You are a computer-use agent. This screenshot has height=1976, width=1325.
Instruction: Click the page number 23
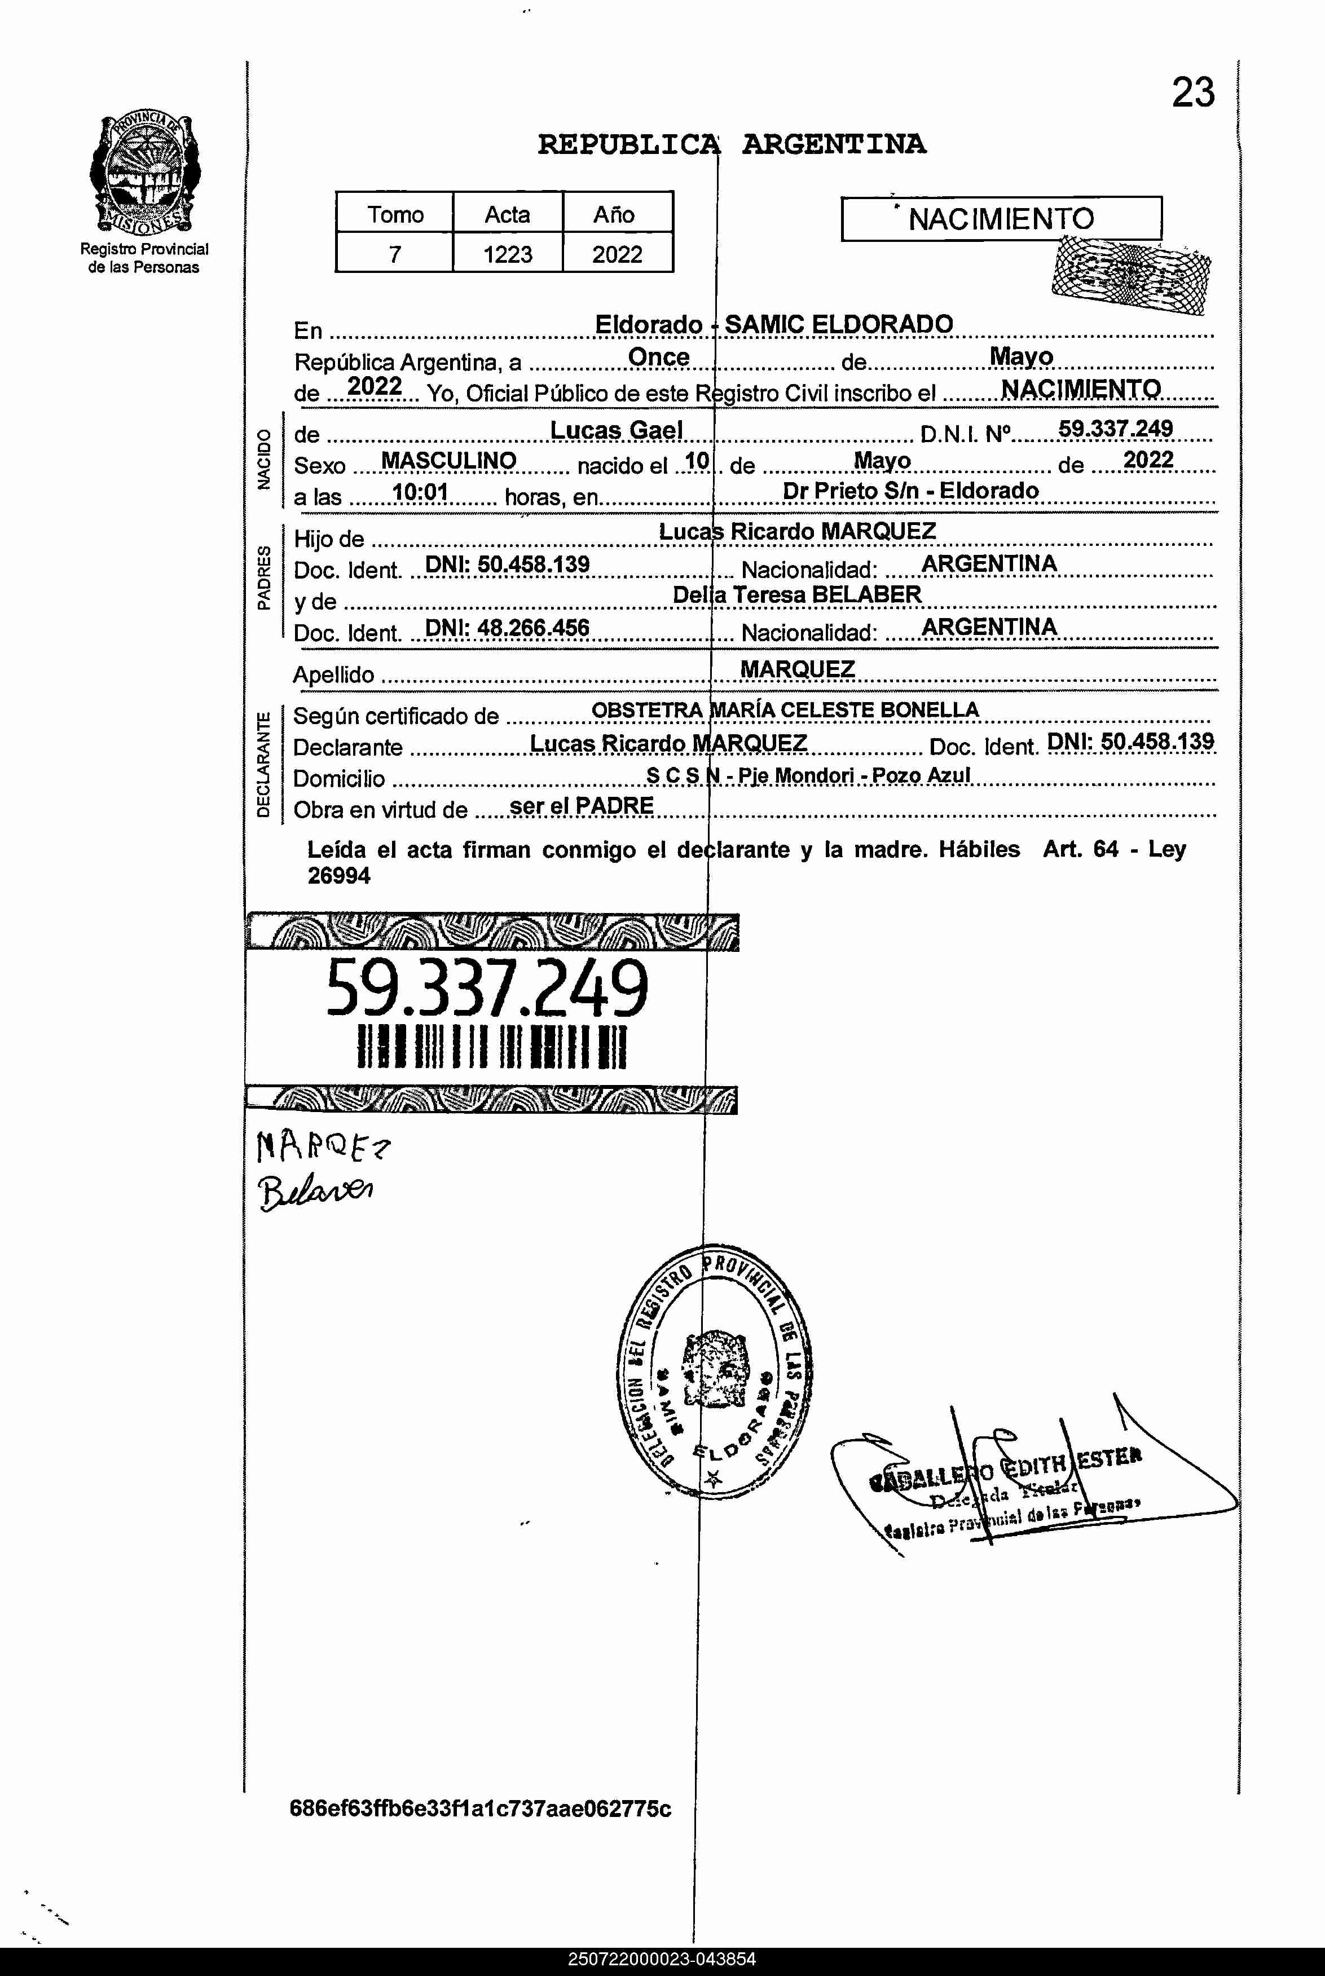pyautogui.click(x=1192, y=93)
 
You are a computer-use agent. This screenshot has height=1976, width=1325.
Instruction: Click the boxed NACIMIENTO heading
pyautogui.click(x=1001, y=219)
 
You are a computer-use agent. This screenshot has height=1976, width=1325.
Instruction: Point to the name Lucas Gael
pyautogui.click(x=616, y=430)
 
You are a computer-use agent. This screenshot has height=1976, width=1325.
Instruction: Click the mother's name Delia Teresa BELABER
pyautogui.click(x=797, y=595)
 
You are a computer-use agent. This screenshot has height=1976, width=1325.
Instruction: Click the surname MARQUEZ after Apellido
pyautogui.click(x=797, y=669)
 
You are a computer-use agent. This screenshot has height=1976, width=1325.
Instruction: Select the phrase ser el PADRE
pyautogui.click(x=582, y=806)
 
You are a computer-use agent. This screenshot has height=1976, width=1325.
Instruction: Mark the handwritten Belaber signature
pyautogui.click(x=316, y=1191)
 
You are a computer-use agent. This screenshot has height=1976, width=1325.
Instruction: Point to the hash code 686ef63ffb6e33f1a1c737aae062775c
pyautogui.click(x=480, y=1808)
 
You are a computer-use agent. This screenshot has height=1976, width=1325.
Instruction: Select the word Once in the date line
pyautogui.click(x=658, y=358)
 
